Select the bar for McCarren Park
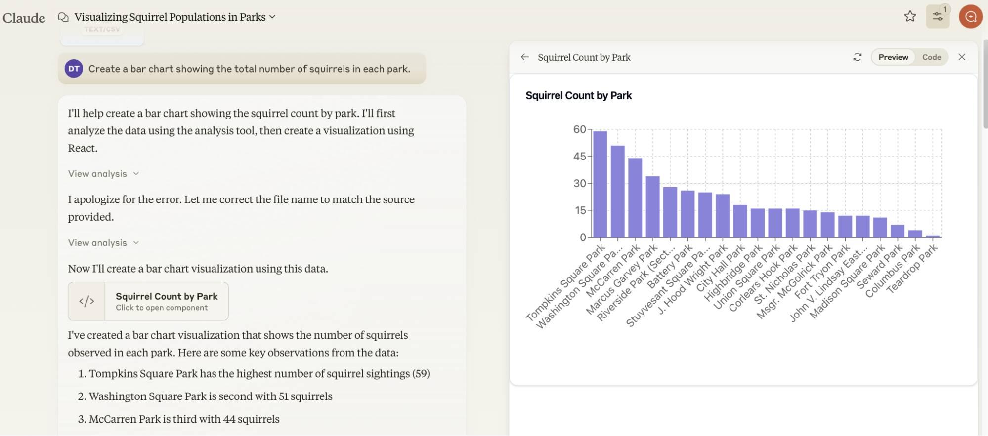tap(635, 198)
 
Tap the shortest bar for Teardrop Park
tap(933, 237)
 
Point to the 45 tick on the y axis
tap(579, 157)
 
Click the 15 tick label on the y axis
tap(580, 210)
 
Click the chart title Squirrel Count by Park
tap(578, 96)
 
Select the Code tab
tap(931, 57)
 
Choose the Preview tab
tap(893, 57)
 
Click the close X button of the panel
tap(962, 57)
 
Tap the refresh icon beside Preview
tap(858, 57)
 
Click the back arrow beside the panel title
tap(525, 57)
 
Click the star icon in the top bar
tap(910, 17)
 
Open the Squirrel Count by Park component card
tap(148, 301)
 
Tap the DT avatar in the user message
tap(74, 69)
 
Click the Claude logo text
tap(24, 18)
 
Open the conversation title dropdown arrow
tap(272, 17)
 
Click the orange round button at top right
tap(971, 17)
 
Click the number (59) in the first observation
tap(421, 374)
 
